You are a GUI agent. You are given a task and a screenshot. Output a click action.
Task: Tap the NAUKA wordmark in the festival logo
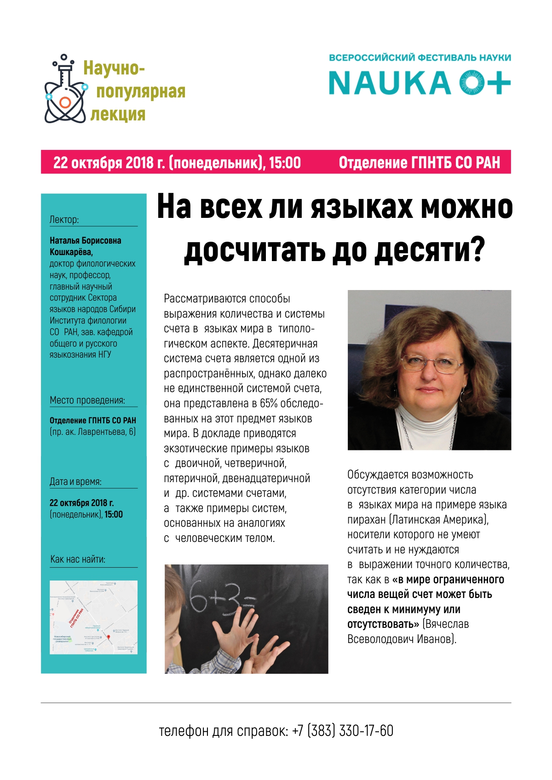(x=390, y=83)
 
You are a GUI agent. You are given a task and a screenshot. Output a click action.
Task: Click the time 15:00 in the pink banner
(x=285, y=163)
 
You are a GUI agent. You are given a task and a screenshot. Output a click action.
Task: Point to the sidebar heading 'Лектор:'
(x=64, y=219)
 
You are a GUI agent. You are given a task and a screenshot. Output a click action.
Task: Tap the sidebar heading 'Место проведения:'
(x=87, y=400)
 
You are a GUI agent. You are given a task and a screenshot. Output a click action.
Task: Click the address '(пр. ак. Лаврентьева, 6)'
(x=92, y=432)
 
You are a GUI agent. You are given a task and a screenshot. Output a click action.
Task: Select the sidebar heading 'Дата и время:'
(x=75, y=482)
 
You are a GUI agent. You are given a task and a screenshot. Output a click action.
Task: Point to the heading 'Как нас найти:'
(x=78, y=559)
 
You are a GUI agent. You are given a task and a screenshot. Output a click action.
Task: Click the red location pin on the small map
(x=109, y=637)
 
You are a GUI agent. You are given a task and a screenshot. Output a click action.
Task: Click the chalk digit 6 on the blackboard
(x=199, y=598)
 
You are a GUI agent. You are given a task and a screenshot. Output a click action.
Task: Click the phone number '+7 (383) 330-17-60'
(x=343, y=731)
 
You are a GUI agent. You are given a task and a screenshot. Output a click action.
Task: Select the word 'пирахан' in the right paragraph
(x=367, y=520)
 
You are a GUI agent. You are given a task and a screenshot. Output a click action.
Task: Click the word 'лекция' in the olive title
(x=118, y=114)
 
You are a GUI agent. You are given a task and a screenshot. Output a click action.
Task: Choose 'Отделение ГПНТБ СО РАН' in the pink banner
(x=419, y=163)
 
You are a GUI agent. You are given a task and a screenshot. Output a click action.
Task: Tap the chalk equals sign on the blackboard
(x=248, y=602)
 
